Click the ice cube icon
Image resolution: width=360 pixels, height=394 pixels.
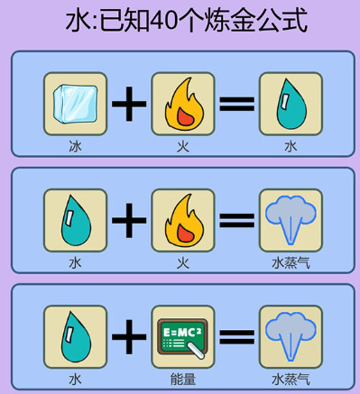(75, 104)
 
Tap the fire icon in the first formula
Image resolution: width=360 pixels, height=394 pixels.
(182, 104)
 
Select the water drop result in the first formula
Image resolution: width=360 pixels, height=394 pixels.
(290, 104)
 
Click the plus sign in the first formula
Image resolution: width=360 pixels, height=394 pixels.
(129, 104)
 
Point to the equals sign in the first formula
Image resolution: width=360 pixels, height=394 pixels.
(236, 104)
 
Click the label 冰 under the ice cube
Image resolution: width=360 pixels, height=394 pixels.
(75, 146)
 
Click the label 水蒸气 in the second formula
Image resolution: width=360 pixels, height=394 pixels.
(290, 263)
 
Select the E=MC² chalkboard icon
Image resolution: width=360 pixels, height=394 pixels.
(182, 336)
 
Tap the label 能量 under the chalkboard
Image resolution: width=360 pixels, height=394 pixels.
(182, 380)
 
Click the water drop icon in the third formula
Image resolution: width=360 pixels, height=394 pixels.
(75, 336)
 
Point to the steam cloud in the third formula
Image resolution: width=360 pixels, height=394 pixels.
(290, 336)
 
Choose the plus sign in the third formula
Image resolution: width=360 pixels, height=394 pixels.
(129, 336)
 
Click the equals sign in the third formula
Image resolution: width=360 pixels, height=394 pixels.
(236, 336)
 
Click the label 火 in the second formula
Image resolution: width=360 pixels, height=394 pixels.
(182, 263)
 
